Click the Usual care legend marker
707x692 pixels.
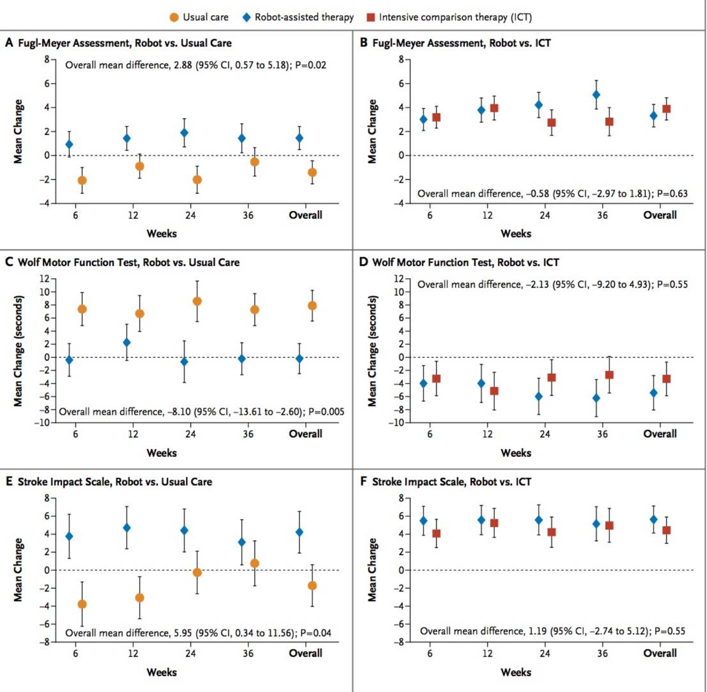(x=174, y=17)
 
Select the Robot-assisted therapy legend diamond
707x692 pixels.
(x=247, y=17)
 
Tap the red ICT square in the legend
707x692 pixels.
(x=371, y=17)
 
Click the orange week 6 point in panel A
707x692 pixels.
(x=82, y=180)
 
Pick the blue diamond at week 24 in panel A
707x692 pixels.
(x=184, y=133)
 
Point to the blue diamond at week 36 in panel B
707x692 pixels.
(x=596, y=94)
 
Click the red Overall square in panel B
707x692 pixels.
(x=666, y=108)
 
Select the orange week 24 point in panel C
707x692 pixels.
(x=197, y=301)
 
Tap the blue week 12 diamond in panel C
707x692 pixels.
(x=127, y=342)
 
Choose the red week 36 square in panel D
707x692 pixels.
(x=609, y=375)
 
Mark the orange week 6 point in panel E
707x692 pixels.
(x=82, y=604)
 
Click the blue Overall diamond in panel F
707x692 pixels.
(x=653, y=519)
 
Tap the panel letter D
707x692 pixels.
(x=364, y=262)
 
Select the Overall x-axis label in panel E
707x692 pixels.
(x=305, y=653)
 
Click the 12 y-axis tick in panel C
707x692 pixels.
(x=44, y=279)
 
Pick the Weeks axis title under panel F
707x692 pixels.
(x=516, y=672)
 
